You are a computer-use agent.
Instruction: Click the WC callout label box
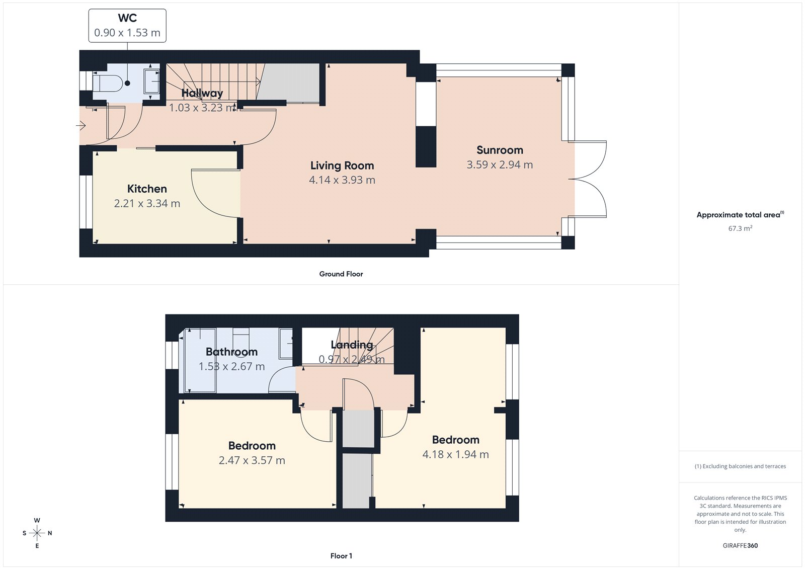[x=127, y=26]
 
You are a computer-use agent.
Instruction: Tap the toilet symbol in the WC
[x=108, y=83]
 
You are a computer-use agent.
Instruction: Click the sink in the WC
[x=151, y=81]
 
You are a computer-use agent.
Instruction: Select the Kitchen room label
[x=147, y=189]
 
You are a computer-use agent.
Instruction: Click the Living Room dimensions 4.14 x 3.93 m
[x=342, y=180]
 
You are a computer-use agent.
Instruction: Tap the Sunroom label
[x=500, y=150]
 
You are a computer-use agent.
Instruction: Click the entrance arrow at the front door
[x=81, y=126]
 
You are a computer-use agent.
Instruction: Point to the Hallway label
[x=202, y=93]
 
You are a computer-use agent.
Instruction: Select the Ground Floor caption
[x=341, y=274]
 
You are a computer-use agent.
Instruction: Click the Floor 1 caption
[x=341, y=556]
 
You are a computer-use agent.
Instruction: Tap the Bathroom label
[x=231, y=352]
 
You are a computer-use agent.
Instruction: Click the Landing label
[x=352, y=345]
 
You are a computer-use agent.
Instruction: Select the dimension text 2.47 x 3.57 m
[x=252, y=460]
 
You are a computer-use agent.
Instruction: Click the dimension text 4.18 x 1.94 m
[x=455, y=454]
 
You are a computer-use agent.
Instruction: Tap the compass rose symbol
[x=37, y=533]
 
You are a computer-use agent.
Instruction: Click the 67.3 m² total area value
[x=740, y=228]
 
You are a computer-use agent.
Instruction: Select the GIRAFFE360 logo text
[x=740, y=545]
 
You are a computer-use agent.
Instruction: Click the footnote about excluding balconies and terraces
[x=740, y=466]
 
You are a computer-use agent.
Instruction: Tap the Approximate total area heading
[x=739, y=215]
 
